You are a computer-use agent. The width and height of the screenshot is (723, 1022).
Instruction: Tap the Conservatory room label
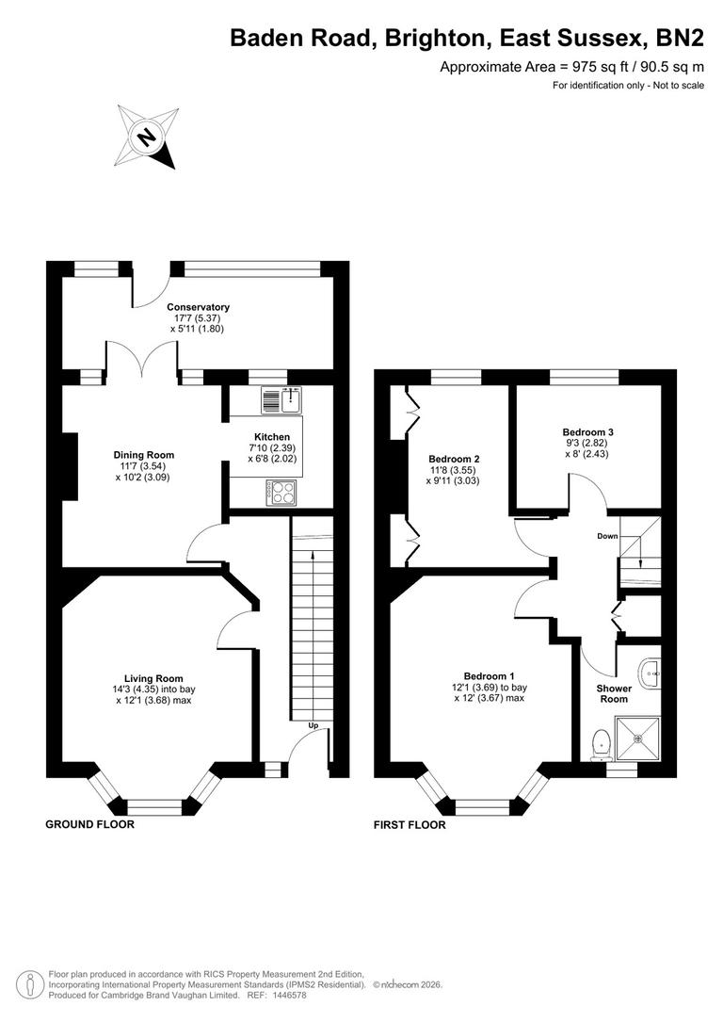[198, 307]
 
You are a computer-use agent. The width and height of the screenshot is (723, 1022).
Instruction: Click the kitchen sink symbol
[280, 400]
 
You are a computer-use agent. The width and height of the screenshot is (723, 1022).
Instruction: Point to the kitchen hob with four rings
[280, 491]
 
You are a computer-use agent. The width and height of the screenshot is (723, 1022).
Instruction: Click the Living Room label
[153, 678]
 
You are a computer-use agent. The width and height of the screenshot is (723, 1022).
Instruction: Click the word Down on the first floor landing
[607, 536]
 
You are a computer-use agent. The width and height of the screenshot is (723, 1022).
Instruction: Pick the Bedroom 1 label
[489, 675]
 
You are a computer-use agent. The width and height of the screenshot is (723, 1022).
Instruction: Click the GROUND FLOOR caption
[90, 824]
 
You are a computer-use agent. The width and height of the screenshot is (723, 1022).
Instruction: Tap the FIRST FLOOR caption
[410, 824]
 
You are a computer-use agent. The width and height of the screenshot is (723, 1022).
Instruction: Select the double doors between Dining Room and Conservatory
[141, 363]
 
